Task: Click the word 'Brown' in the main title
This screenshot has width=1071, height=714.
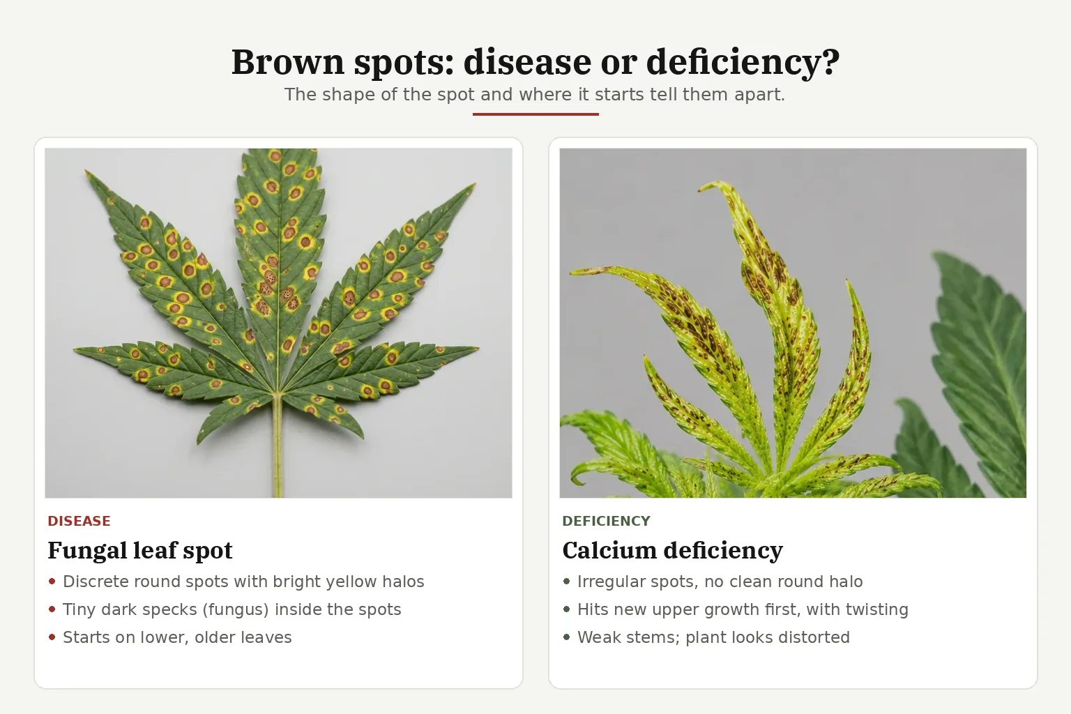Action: pos(288,61)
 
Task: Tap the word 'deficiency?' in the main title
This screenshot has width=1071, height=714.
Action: pos(743,63)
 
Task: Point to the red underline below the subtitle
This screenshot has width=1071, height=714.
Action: pos(535,114)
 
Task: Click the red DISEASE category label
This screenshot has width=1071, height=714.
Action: pos(79,521)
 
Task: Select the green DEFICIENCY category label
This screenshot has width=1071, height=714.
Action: pos(606,521)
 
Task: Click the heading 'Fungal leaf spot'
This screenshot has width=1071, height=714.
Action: pos(140,550)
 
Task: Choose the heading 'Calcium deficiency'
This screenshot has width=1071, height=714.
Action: pos(672,550)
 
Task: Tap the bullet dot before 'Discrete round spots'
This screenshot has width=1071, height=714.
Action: pos(52,582)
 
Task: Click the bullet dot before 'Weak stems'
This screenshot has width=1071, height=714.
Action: pos(567,637)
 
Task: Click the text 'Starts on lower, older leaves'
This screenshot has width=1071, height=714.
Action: pos(177,637)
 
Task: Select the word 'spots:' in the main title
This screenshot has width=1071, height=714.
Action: pos(404,63)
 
